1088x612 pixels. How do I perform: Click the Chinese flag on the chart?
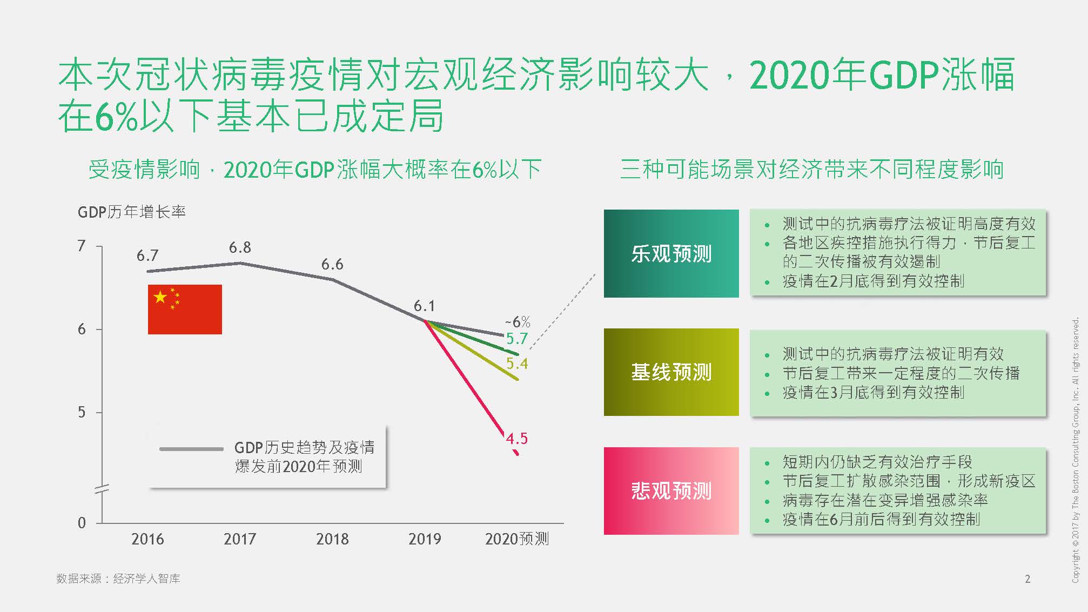point(185,309)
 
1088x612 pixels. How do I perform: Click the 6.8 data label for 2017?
point(240,247)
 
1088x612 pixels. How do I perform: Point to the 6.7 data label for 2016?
point(147,255)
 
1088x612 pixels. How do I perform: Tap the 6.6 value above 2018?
point(332,264)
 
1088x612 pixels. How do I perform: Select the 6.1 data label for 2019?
point(424,306)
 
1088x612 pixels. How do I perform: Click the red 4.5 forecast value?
point(516,439)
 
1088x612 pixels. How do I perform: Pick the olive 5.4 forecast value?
point(516,364)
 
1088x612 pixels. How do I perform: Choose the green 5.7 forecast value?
point(516,339)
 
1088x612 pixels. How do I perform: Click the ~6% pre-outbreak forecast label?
point(518,322)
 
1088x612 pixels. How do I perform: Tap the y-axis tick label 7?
point(82,246)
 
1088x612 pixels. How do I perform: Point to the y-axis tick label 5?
point(82,413)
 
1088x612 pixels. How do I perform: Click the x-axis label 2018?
point(332,539)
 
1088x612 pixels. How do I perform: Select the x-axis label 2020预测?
point(516,539)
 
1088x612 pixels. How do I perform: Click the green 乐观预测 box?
point(671,253)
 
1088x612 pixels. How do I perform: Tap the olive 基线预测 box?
point(671,372)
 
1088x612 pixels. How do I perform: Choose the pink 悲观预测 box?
point(671,491)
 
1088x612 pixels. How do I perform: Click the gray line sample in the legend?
point(191,449)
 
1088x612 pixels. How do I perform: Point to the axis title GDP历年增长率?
point(132,212)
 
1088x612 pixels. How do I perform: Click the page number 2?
point(1027,579)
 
